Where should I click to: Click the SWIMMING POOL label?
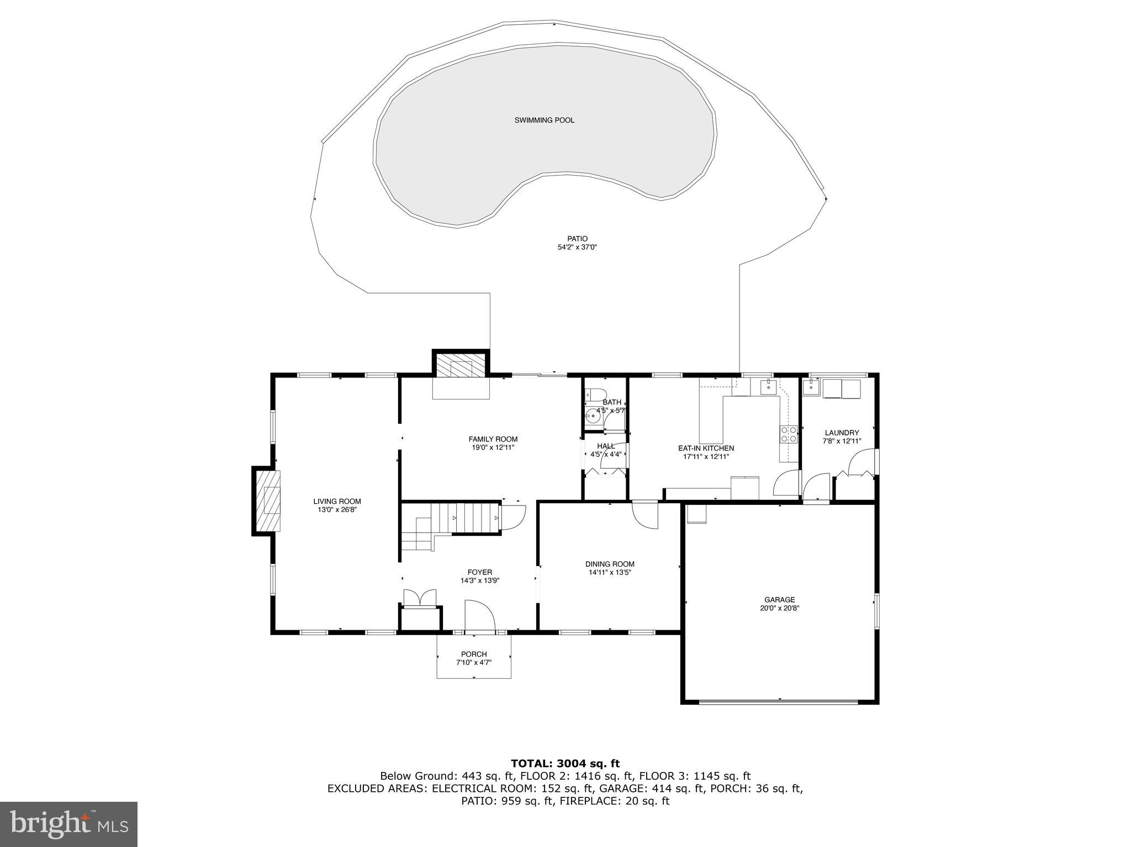(x=544, y=120)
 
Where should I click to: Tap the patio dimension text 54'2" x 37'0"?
(x=577, y=248)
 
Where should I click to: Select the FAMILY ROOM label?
(x=493, y=439)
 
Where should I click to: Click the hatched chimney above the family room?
(x=461, y=365)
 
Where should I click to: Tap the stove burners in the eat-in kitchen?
(x=788, y=434)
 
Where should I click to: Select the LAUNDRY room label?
(x=842, y=433)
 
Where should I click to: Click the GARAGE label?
(x=779, y=600)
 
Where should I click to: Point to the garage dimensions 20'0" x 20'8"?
(x=779, y=609)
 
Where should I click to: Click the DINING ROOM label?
(x=610, y=564)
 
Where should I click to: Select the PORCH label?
(x=474, y=654)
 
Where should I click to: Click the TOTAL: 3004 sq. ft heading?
(x=565, y=764)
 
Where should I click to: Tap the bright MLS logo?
(x=68, y=824)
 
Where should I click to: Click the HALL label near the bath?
(x=606, y=446)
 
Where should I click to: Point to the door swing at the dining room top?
(x=645, y=515)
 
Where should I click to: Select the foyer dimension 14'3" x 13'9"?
(x=480, y=580)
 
